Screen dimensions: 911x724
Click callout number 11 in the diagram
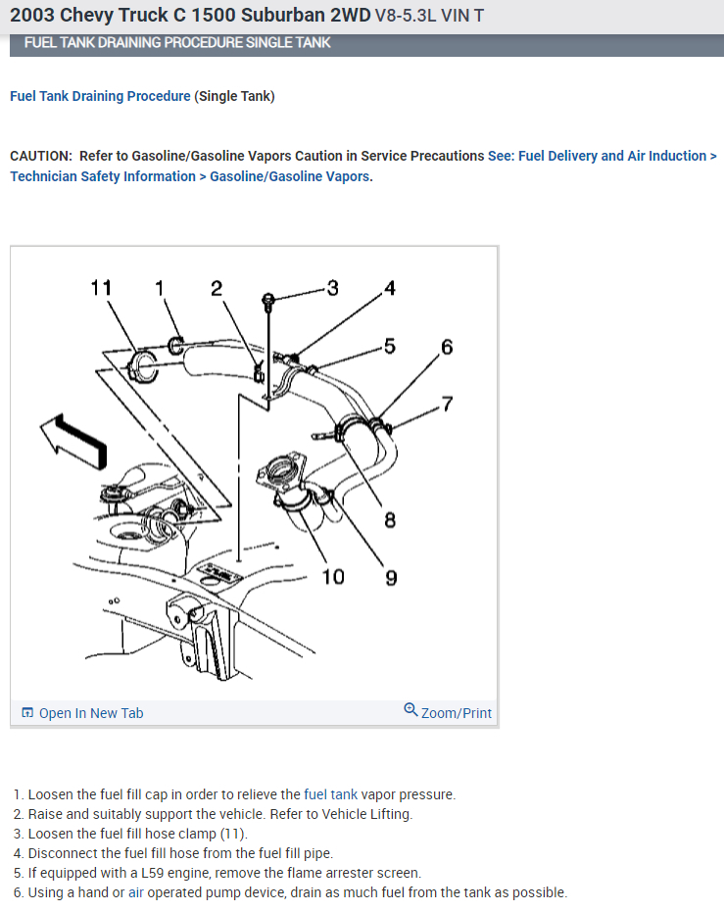[101, 288]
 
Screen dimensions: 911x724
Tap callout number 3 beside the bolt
[332, 288]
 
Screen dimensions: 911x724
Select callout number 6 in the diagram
[447, 347]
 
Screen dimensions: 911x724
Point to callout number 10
[333, 576]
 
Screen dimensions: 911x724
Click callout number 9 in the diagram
[391, 577]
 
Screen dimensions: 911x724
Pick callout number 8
[390, 519]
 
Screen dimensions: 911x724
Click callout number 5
[390, 346]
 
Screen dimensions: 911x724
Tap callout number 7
[447, 404]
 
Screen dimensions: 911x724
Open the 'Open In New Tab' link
[90, 713]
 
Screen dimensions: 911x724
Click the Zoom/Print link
[456, 713]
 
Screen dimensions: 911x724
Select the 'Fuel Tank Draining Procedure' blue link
[100, 96]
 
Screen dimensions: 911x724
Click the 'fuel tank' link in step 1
[331, 794]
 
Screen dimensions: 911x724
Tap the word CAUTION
[40, 156]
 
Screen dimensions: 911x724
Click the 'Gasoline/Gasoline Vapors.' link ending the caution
[291, 176]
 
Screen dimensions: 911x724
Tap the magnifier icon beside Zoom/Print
[410, 711]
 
